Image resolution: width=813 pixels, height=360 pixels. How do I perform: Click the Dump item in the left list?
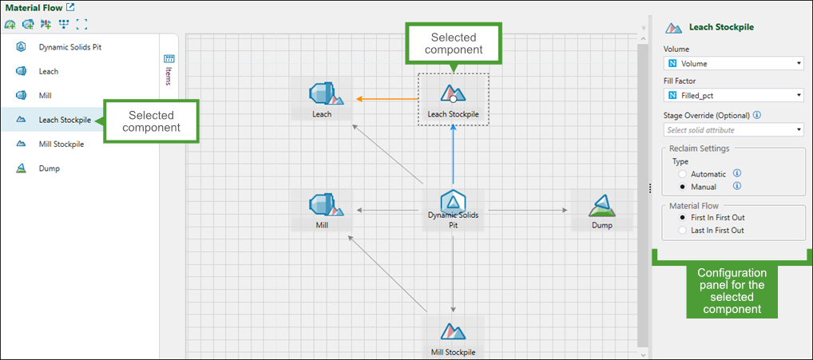coord(49,168)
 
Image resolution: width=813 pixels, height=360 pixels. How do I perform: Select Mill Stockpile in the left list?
coord(61,144)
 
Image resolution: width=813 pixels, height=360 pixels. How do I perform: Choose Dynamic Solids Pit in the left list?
coord(69,47)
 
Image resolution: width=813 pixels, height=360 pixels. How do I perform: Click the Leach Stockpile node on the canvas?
coord(453,95)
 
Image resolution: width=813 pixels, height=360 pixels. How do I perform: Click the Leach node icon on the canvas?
coord(322,94)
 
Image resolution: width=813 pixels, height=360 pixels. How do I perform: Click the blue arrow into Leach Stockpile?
coord(453,156)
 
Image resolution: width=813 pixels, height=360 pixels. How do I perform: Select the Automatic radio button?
coord(681,173)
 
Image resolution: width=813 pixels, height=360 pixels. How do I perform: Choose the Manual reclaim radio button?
coord(681,187)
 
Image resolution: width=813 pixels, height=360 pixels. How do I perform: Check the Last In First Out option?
coord(681,230)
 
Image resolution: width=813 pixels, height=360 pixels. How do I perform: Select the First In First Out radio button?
coord(681,217)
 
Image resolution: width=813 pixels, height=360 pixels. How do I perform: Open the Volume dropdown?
coord(733,63)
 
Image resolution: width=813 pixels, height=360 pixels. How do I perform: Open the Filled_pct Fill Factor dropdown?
coord(733,96)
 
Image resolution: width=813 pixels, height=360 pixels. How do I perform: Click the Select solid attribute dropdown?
coord(733,129)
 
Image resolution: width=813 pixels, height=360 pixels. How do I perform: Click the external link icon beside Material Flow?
coord(70,7)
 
